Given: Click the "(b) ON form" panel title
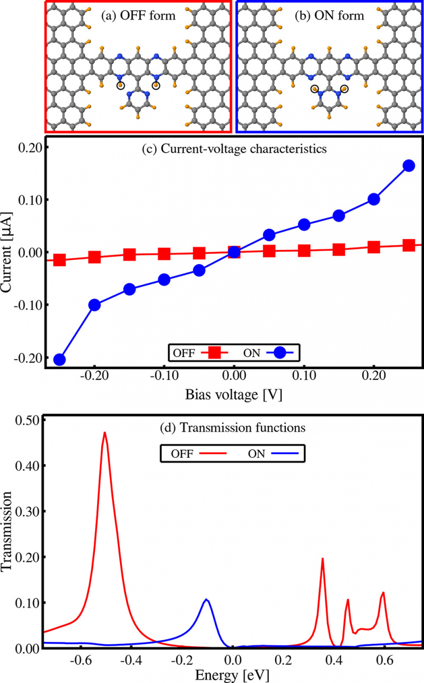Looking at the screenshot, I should pyautogui.click(x=330, y=15).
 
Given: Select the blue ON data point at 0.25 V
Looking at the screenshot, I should pyautogui.click(x=409, y=165).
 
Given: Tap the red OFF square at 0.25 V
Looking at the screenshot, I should pyautogui.click(x=409, y=245).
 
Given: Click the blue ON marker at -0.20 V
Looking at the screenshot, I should pyautogui.click(x=94, y=305).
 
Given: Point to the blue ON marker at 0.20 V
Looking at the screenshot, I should pyautogui.click(x=374, y=199).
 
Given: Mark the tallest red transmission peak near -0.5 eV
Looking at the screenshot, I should pyautogui.click(x=105, y=433).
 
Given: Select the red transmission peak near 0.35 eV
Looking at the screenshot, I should pyautogui.click(x=322, y=559).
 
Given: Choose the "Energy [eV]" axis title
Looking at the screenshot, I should pyautogui.click(x=233, y=674).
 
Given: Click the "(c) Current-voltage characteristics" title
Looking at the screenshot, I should pyautogui.click(x=234, y=150).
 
